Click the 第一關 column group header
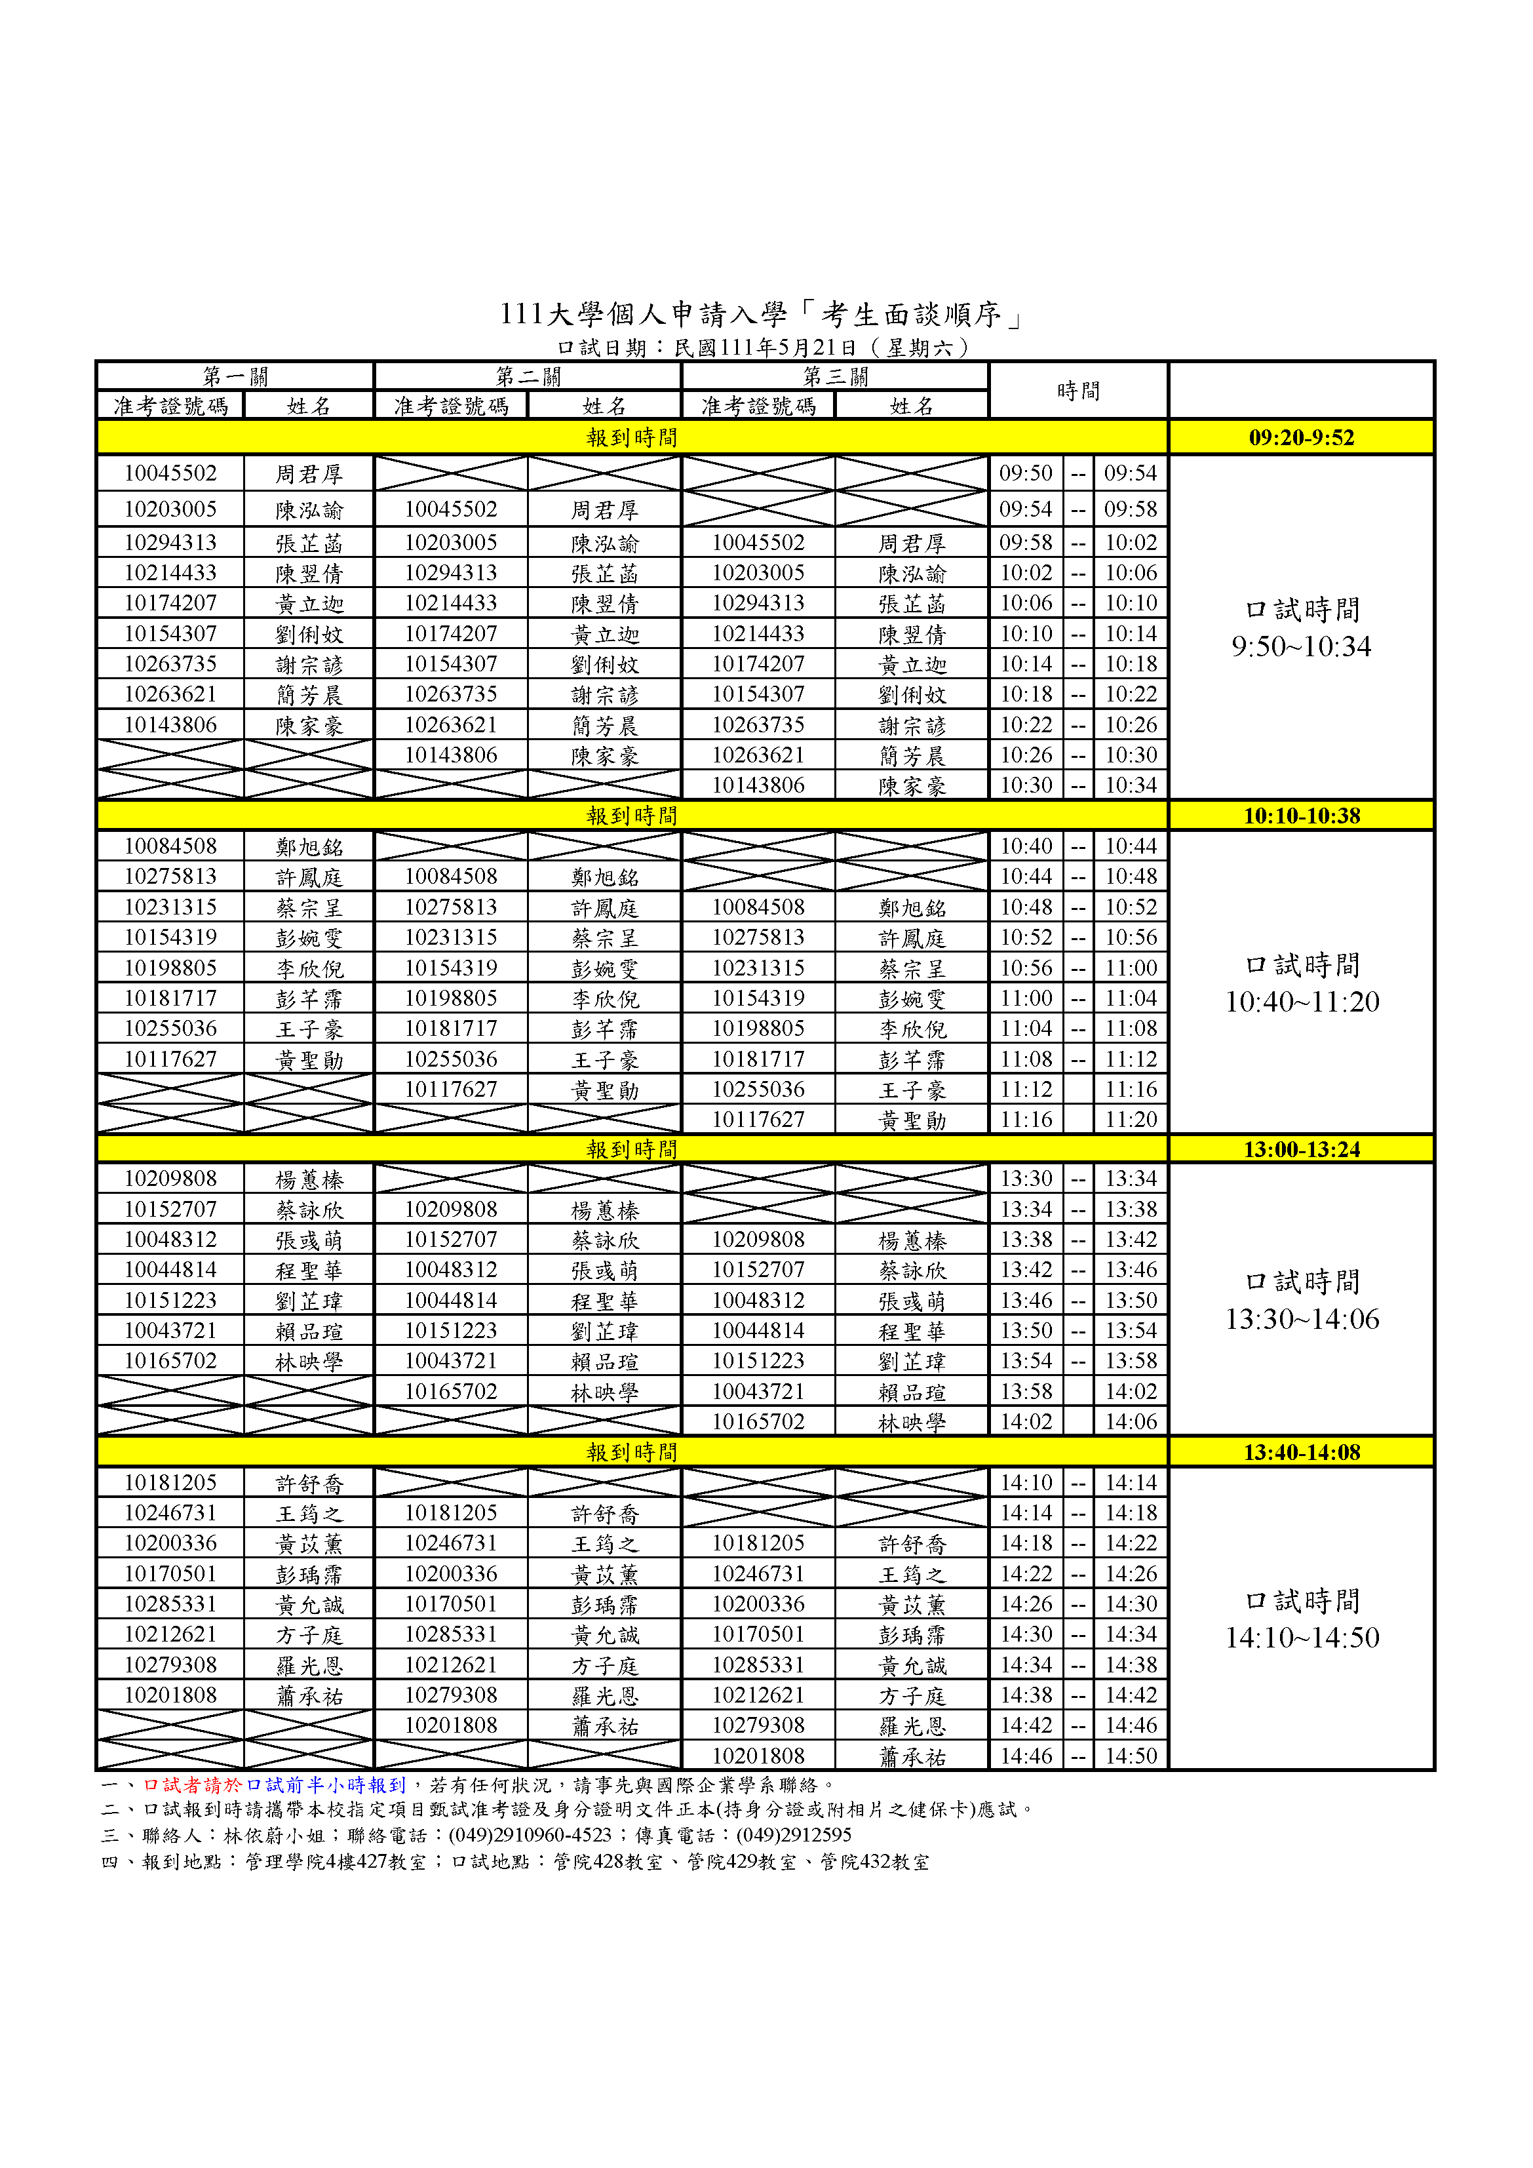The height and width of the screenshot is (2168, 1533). point(235,376)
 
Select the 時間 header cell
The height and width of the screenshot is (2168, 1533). point(1078,390)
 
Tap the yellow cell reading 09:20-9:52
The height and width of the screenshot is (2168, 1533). point(1301,437)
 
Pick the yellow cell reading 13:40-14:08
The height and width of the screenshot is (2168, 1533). point(1301,1451)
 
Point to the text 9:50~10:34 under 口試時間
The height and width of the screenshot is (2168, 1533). point(1301,646)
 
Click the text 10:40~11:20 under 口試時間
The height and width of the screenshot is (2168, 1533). point(1301,1001)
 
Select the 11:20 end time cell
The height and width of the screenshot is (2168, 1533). point(1130,1119)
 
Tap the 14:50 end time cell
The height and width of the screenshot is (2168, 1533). point(1130,1756)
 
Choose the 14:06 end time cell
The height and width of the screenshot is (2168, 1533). point(1130,1421)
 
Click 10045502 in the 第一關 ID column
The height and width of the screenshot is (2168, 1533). point(171,473)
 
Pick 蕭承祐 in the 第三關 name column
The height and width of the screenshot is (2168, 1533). point(911,1756)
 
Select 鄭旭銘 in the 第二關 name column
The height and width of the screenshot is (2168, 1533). point(604,877)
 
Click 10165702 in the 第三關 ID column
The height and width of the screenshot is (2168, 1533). point(758,1421)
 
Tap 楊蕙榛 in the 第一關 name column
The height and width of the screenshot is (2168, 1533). point(309,1179)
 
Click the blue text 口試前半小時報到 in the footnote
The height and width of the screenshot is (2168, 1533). point(326,1784)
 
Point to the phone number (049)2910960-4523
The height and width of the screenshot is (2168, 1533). point(530,1835)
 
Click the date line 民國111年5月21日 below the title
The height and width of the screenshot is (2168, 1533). point(765,347)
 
